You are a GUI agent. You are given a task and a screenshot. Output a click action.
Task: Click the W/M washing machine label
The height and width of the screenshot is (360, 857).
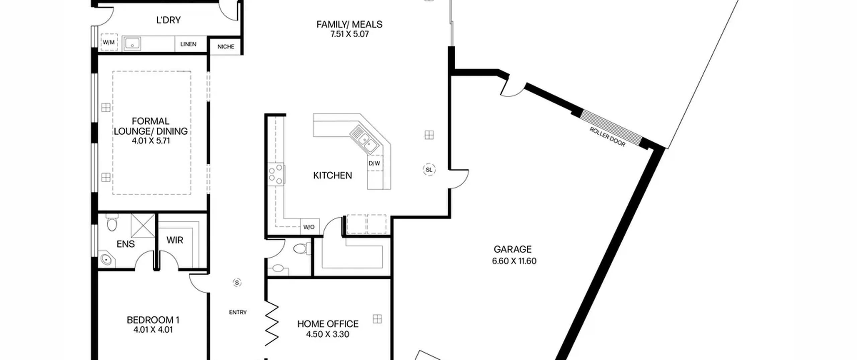pos(108,43)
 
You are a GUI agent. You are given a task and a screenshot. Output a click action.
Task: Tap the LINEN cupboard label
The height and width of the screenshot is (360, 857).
pos(188,44)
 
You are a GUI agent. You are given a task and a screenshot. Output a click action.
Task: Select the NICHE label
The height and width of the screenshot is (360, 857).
pos(226,47)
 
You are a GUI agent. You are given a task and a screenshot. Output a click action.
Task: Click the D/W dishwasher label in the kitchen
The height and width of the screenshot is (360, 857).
pos(374,163)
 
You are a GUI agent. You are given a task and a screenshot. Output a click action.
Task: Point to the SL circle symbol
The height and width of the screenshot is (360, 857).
pos(429,170)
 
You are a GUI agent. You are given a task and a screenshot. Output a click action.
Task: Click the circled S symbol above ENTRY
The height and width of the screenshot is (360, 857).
pos(237,283)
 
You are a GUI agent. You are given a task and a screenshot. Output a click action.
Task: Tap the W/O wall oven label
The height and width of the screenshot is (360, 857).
pos(309,227)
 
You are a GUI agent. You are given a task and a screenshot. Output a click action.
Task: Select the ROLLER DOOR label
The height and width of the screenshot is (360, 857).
pos(607,137)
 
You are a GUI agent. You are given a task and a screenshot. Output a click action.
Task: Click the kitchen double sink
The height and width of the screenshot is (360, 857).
pos(365,139)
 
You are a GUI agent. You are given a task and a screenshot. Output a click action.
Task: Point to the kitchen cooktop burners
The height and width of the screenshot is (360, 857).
pos(276,174)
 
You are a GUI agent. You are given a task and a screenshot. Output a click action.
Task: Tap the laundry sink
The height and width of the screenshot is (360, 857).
pos(132,44)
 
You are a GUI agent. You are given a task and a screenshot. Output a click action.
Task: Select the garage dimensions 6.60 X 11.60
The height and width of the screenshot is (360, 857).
pos(514,261)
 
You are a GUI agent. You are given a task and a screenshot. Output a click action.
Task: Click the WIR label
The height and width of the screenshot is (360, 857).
pos(175,240)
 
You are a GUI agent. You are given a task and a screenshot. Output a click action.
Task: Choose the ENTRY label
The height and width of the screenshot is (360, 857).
pos(238,312)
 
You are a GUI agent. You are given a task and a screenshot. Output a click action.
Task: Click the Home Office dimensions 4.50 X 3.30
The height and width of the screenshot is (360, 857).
pos(327,334)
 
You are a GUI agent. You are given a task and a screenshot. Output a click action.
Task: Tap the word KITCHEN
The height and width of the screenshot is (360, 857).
pos(332,175)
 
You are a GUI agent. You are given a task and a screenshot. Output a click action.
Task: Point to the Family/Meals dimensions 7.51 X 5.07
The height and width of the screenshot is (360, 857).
pos(349,34)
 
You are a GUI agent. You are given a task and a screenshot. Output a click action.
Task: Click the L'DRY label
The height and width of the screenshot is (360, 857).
pos(168,20)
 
